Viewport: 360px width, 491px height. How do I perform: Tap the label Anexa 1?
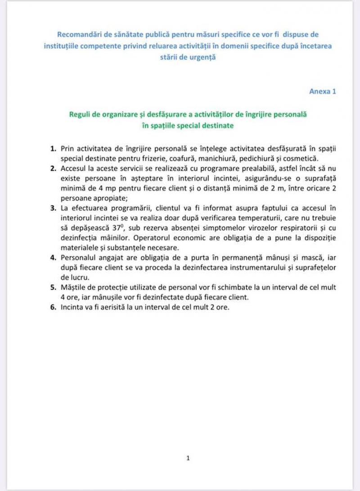tap(323, 91)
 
